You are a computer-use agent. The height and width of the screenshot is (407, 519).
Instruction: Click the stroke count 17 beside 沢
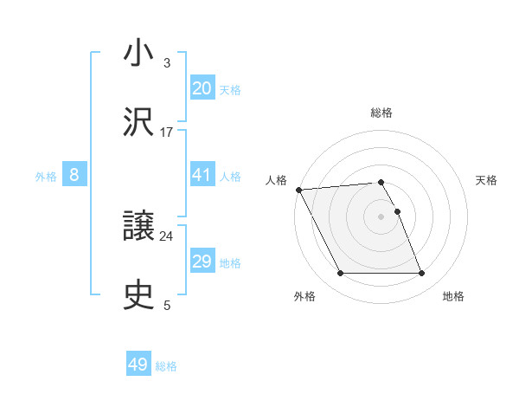point(167,132)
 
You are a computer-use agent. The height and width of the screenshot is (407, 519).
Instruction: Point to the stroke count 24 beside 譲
point(167,236)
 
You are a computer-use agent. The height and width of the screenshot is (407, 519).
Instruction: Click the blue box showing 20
point(202,88)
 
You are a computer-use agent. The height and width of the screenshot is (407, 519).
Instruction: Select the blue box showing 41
point(202,175)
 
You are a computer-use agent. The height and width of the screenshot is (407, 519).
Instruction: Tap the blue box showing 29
point(202,262)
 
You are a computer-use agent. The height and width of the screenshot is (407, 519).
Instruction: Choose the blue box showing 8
point(74,175)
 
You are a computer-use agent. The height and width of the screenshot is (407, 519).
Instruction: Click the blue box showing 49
point(138,365)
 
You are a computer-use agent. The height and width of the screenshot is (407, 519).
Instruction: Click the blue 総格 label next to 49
point(166,366)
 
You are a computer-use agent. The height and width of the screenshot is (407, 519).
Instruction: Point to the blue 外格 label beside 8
point(46,177)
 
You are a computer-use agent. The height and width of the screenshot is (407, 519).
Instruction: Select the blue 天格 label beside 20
point(230,90)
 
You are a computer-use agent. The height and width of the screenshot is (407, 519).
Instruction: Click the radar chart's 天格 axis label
point(486,180)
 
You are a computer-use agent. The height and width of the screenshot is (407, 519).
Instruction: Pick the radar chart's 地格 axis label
point(453,297)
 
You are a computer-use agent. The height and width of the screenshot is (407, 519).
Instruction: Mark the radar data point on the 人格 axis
point(298,190)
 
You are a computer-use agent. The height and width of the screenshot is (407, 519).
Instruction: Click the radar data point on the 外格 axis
point(340,274)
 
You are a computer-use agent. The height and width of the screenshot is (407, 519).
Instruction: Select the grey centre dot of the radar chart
point(381,216)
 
